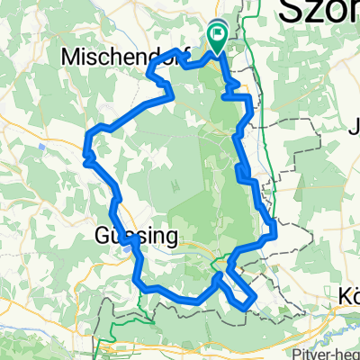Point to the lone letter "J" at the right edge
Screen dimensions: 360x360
[352, 126]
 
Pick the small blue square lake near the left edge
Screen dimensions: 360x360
[42, 144]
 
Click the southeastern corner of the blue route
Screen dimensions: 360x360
[247, 308]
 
